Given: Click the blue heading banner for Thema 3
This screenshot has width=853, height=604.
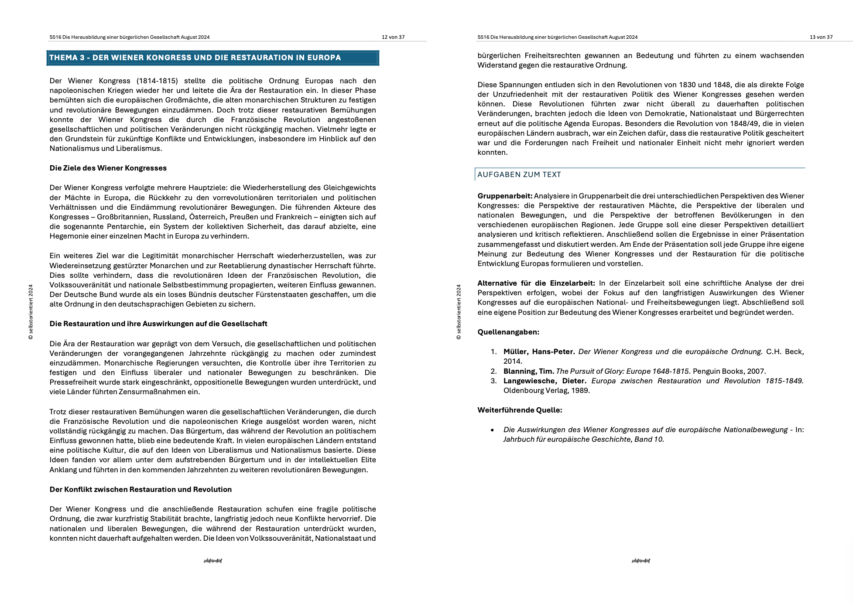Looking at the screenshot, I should (x=212, y=58).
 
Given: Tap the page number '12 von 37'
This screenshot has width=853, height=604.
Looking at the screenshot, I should (x=393, y=37).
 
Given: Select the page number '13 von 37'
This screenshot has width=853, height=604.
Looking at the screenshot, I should (x=821, y=37).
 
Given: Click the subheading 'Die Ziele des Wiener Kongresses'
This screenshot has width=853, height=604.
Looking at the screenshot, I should (x=108, y=168).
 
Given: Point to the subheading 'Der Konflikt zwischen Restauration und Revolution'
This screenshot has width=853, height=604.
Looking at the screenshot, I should (x=140, y=489).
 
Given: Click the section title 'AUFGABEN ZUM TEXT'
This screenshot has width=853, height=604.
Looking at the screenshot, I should (x=519, y=174).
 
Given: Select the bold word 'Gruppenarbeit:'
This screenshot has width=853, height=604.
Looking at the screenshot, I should (x=504, y=196).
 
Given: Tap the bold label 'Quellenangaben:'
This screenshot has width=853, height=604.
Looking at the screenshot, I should (x=508, y=332).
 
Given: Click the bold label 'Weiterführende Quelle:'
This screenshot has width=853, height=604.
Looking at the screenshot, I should (x=519, y=410).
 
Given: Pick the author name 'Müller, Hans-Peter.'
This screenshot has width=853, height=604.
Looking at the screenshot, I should (x=539, y=351).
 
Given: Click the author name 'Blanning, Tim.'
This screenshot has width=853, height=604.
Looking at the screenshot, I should (x=528, y=371).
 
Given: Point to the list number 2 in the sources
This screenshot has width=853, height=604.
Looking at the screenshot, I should (x=493, y=371).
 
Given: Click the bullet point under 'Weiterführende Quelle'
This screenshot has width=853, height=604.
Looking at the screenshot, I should (x=492, y=430).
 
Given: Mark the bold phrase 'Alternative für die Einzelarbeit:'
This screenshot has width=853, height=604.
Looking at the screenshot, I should (x=536, y=283).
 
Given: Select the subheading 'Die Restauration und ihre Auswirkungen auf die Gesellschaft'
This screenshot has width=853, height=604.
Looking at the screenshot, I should (x=158, y=324).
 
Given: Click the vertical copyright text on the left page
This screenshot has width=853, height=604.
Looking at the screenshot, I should (x=31, y=312).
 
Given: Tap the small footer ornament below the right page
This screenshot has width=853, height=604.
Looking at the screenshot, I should (x=641, y=561).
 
